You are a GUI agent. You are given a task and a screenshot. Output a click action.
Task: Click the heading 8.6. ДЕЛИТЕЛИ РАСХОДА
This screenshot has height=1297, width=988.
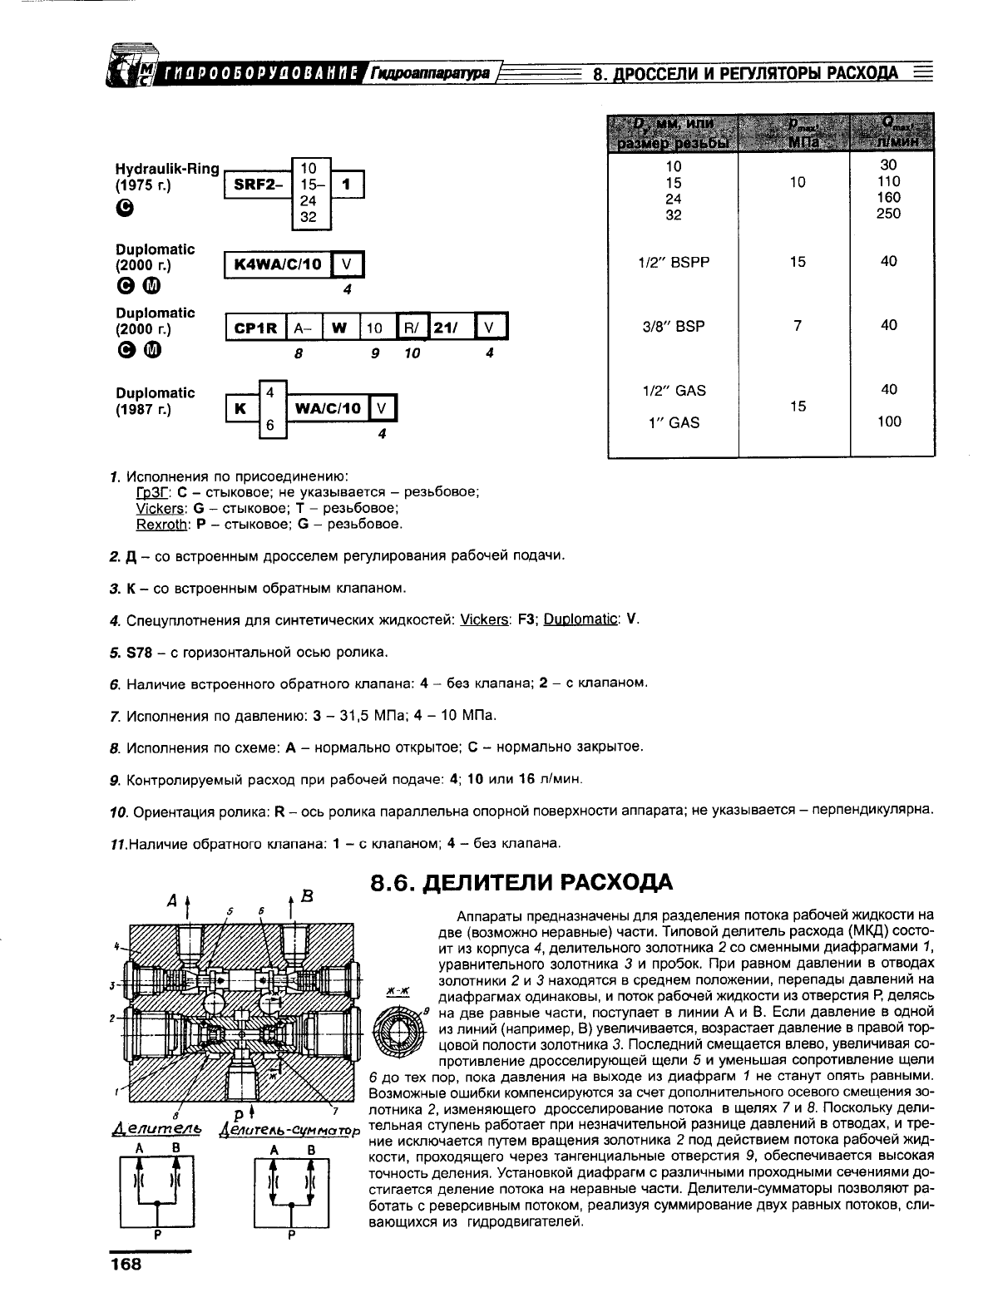click(x=521, y=881)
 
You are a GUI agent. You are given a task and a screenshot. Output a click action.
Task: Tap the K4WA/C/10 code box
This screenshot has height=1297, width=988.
click(x=279, y=265)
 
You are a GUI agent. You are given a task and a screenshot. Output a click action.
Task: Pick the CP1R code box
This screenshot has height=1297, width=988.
click(x=254, y=328)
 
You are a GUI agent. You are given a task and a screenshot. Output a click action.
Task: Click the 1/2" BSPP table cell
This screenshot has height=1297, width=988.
click(x=674, y=262)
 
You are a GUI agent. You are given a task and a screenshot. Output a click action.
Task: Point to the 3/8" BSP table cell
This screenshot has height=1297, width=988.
click(x=674, y=326)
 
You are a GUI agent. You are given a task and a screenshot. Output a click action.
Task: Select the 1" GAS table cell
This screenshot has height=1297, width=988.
click(x=674, y=422)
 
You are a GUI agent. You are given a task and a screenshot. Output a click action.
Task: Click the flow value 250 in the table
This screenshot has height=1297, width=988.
click(x=888, y=214)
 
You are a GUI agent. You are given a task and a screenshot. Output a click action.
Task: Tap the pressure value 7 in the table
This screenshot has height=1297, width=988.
click(x=798, y=326)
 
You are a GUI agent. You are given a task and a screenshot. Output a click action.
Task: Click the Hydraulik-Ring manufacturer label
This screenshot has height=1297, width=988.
click(x=167, y=170)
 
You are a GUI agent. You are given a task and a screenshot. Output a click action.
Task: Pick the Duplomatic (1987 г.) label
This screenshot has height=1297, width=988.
click(x=156, y=401)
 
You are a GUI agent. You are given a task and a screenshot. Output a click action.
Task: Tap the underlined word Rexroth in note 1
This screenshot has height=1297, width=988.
click(x=161, y=525)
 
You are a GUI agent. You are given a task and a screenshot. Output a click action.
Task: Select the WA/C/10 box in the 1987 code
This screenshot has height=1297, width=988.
click(x=327, y=408)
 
